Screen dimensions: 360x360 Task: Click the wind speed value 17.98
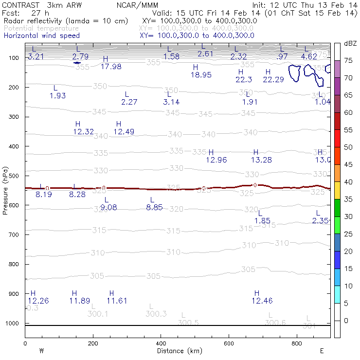(x=111, y=67)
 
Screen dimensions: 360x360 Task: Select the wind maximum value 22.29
(x=273, y=80)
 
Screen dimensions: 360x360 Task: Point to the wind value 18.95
(x=201, y=75)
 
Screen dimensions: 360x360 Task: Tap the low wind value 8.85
(x=154, y=208)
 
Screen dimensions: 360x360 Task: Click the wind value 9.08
(x=108, y=208)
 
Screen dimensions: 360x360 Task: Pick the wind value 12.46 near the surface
(x=262, y=301)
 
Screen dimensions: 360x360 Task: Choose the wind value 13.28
(x=261, y=160)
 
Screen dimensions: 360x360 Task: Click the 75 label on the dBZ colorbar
(x=348, y=60)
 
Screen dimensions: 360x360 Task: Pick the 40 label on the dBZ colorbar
(x=348, y=182)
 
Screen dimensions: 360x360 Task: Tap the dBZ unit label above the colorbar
(x=349, y=43)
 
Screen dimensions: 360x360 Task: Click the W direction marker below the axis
(x=42, y=351)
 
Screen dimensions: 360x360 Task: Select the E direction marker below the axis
(x=322, y=351)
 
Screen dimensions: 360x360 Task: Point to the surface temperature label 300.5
(x=188, y=323)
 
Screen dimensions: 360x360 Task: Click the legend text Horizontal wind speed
(x=41, y=36)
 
